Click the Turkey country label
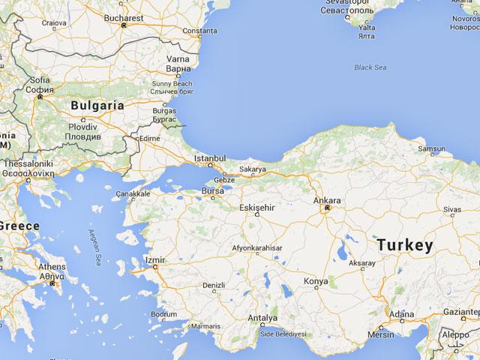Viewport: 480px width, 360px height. click(405, 245)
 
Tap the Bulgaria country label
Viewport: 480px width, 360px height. click(97, 106)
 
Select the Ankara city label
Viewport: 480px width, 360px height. click(327, 201)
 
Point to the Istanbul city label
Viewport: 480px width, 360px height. click(210, 159)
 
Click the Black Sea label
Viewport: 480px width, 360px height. click(371, 67)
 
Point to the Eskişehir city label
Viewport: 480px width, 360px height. click(256, 206)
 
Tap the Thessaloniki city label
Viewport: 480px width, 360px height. click(27, 163)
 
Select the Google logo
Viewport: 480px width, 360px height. click(22, 347)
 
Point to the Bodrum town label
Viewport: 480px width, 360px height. click(163, 314)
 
